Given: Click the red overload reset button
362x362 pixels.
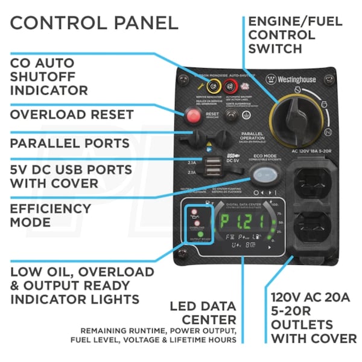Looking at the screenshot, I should [194, 114].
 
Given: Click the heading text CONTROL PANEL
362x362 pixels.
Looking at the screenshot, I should [94, 23].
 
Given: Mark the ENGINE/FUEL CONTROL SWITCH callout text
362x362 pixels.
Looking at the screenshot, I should [295, 35].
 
